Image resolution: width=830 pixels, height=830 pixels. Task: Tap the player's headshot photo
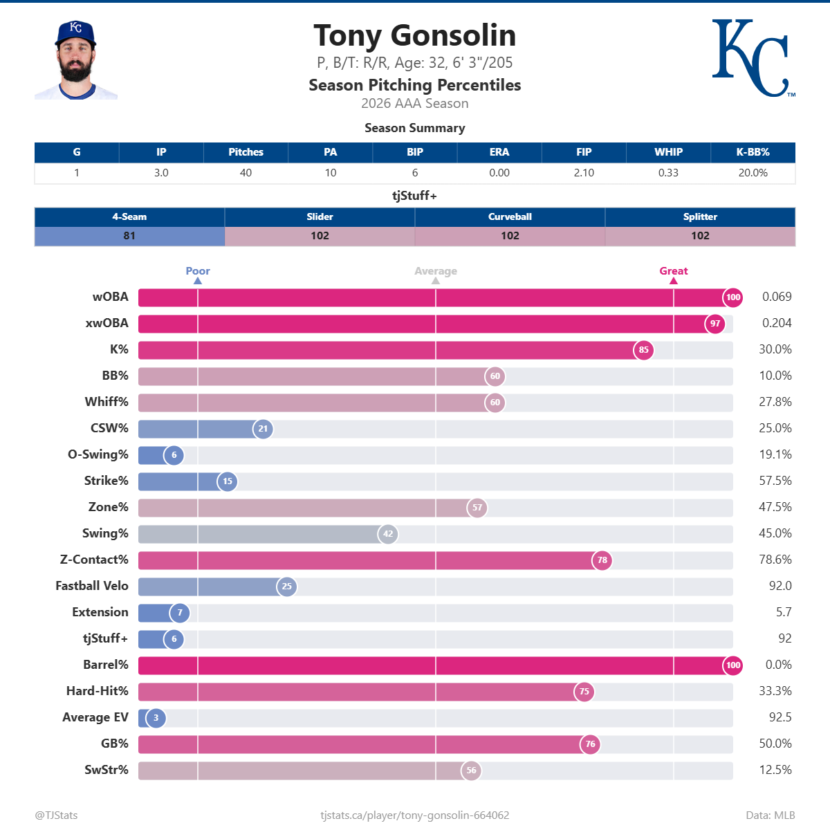tap(76, 60)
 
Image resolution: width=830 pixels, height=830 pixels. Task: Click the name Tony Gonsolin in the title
tap(415, 35)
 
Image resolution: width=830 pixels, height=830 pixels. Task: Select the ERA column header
tap(499, 152)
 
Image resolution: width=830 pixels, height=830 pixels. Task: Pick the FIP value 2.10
tap(584, 173)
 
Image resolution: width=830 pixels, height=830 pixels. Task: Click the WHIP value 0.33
tap(668, 173)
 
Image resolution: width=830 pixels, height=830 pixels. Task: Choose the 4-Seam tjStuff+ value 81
tap(129, 236)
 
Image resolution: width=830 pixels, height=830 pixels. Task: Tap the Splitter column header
tap(700, 216)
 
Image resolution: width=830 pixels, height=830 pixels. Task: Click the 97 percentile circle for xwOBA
tap(715, 324)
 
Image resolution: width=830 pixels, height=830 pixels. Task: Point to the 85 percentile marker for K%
tap(643, 350)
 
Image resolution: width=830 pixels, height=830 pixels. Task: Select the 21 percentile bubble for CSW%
tap(263, 429)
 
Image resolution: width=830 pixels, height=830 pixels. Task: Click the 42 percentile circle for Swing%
tap(387, 534)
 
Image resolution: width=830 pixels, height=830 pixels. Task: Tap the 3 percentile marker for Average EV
tap(156, 717)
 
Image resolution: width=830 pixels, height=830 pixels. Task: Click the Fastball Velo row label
tap(92, 586)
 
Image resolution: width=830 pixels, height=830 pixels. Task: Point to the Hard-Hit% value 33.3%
tap(775, 691)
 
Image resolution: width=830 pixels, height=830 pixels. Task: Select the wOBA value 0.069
tap(777, 297)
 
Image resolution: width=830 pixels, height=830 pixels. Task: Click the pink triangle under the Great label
tap(673, 281)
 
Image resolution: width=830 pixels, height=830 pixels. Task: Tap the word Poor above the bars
tap(198, 271)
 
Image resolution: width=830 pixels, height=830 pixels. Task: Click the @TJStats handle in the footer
tap(56, 815)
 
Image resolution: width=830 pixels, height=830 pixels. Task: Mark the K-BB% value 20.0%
tap(753, 173)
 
